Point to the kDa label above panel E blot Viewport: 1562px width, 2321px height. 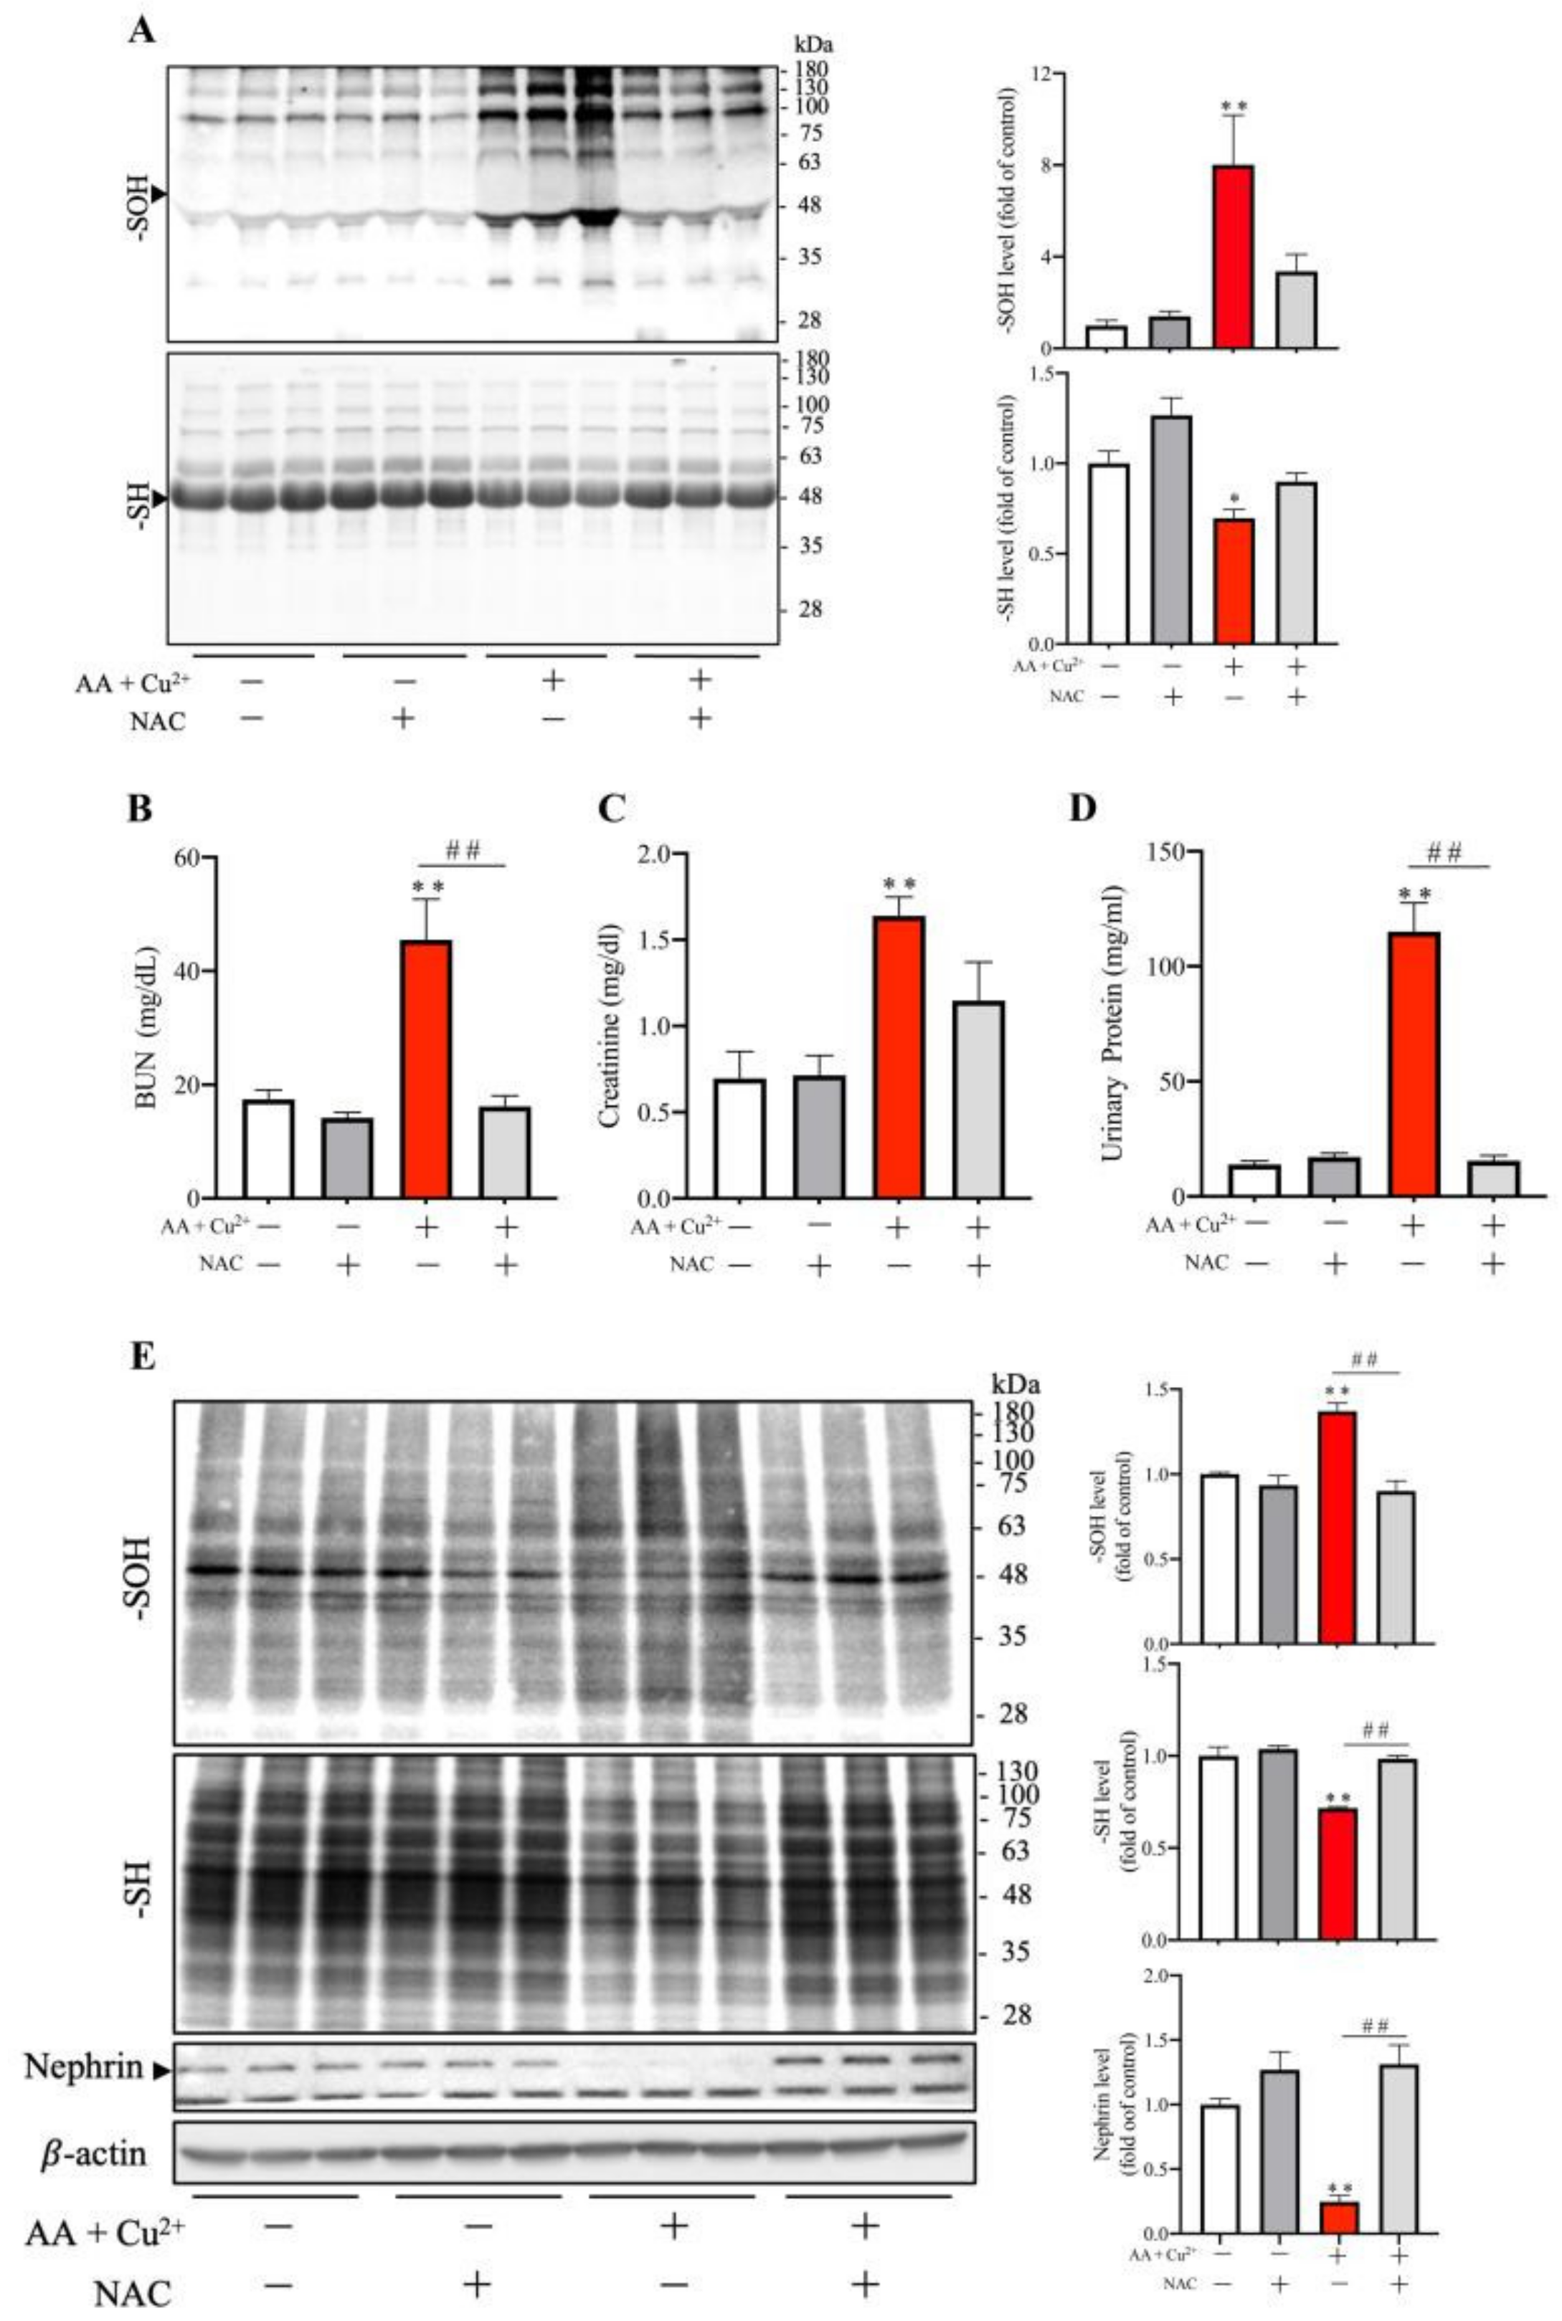1014,1384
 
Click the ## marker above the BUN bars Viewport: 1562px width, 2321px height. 463,849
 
